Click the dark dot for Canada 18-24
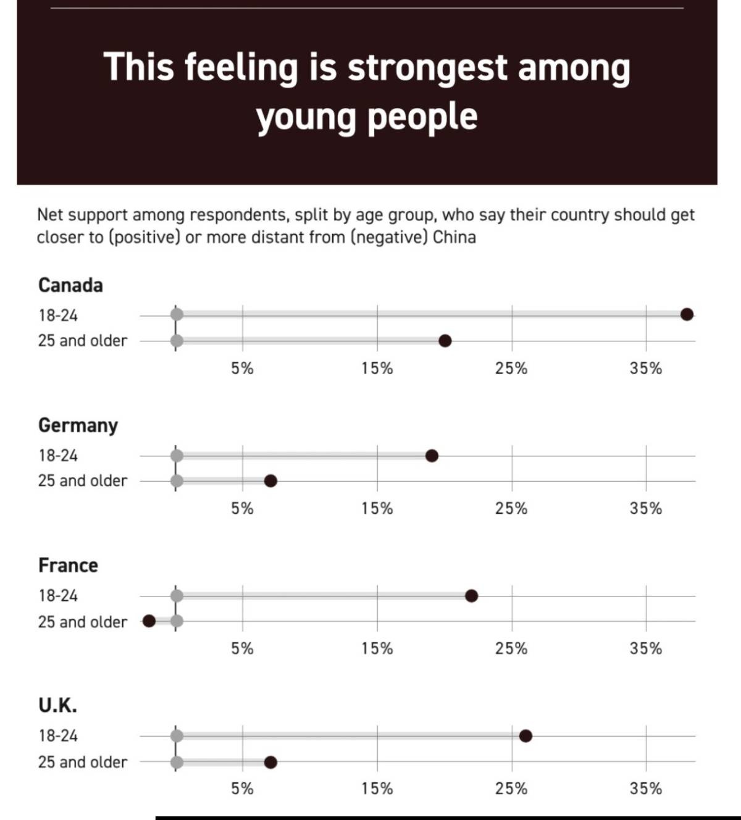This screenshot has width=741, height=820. [686, 314]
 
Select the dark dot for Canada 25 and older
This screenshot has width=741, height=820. [445, 341]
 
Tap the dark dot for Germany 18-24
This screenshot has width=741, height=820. [432, 456]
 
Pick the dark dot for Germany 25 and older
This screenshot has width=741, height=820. [270, 481]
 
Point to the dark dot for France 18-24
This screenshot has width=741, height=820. [471, 596]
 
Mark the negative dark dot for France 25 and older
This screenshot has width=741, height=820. [149, 621]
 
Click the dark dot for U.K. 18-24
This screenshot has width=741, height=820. [525, 735]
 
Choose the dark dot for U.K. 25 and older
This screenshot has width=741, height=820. [270, 762]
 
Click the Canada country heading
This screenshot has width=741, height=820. [70, 285]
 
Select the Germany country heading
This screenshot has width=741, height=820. [78, 425]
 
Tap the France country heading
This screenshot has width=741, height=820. [68, 566]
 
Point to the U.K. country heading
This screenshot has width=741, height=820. [57, 705]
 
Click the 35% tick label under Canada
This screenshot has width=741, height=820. [646, 369]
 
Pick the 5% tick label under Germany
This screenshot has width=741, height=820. [242, 509]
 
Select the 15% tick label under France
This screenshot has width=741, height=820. [377, 649]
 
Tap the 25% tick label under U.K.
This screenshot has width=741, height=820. [511, 789]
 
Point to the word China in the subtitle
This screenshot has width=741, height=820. [454, 237]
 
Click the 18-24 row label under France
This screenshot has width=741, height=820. [58, 596]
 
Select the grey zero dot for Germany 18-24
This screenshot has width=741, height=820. [177, 456]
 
